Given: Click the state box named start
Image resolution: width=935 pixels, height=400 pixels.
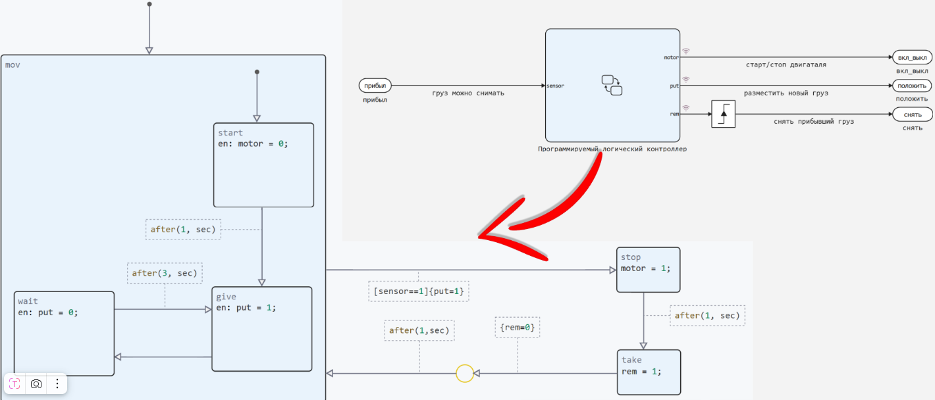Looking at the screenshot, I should click(263, 165).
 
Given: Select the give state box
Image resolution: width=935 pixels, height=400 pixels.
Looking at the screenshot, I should click(261, 329).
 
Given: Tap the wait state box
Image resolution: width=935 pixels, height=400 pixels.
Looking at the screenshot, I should click(64, 334).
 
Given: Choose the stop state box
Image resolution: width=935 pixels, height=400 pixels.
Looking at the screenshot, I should click(648, 270).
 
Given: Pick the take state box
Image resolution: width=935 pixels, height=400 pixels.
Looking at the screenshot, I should click(648, 372).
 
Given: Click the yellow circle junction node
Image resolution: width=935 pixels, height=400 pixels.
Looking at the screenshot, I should click(465, 374).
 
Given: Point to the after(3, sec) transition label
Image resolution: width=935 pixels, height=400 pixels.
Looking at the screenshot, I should click(165, 273).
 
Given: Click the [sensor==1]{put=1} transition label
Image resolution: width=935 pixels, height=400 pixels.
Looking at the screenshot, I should click(419, 291).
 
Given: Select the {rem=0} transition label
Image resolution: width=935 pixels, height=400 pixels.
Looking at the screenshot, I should click(517, 327).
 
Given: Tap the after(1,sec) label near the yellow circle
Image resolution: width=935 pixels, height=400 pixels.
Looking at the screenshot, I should click(419, 330).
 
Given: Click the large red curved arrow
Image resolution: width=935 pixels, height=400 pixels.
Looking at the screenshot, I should click(553, 204).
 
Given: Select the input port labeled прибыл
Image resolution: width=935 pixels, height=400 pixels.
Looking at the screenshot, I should click(375, 86).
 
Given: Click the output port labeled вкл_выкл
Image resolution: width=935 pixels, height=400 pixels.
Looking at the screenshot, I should click(912, 57).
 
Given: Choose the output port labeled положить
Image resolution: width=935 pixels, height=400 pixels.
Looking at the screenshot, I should click(912, 86).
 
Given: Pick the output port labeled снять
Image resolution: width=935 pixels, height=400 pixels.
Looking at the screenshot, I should click(912, 114).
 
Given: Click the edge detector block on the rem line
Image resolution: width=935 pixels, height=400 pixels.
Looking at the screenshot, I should click(723, 114).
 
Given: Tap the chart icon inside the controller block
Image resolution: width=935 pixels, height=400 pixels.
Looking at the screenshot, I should click(612, 86).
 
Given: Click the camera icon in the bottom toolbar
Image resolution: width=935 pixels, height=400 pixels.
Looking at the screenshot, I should click(36, 384).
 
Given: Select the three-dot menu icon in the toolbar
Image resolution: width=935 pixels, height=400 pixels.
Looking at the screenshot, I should click(57, 384).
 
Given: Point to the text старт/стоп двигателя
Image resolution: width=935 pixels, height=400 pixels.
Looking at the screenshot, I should click(786, 65).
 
